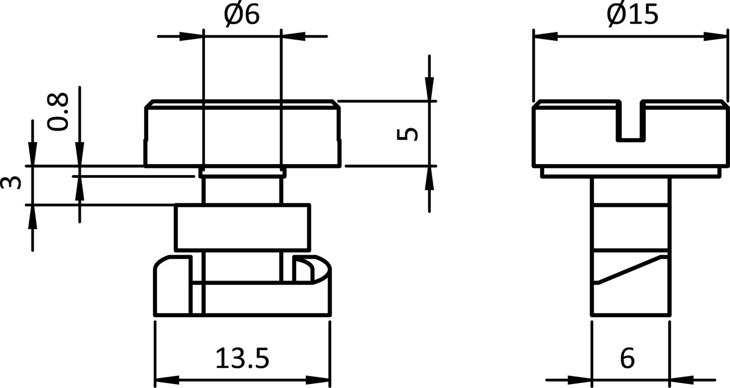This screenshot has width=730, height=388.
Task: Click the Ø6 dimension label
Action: (242, 16)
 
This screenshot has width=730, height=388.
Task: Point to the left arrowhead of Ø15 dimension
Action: (545, 36)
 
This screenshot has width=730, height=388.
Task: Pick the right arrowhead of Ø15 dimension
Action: (714, 36)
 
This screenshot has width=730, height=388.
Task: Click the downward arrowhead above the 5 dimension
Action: (429, 89)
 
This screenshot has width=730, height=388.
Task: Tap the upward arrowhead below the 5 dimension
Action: (429, 178)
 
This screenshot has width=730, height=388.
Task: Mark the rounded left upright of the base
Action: (172, 286)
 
